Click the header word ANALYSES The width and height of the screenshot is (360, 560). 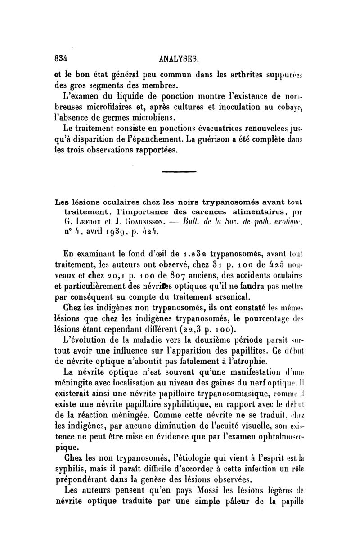pos(179,58)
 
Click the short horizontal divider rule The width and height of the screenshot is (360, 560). pos(179,171)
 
